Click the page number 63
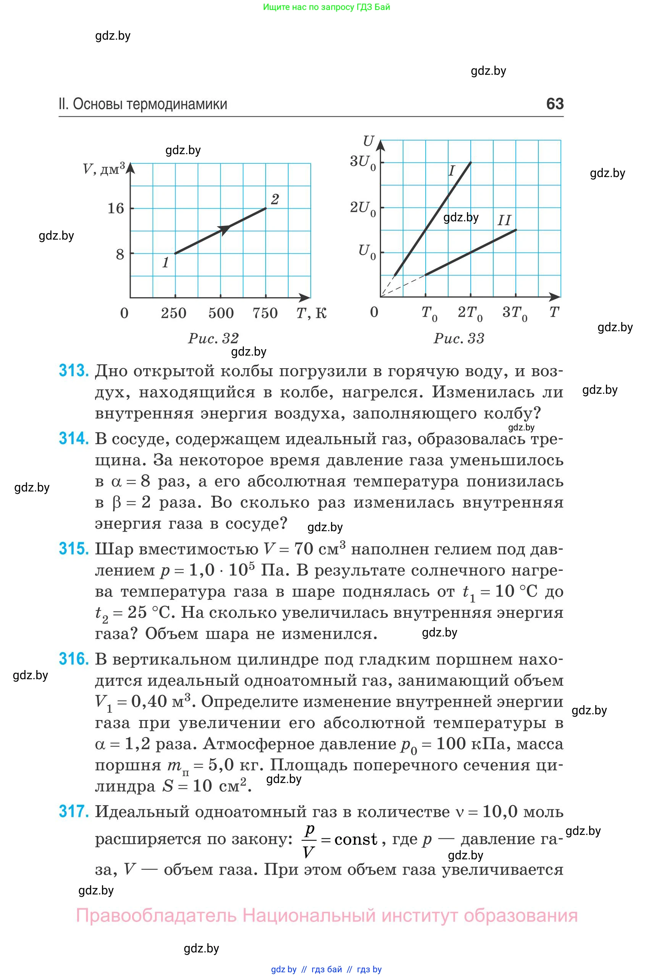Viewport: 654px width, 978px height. pyautogui.click(x=555, y=103)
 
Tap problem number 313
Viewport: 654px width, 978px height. pyautogui.click(x=74, y=371)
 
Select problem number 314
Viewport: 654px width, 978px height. pyautogui.click(x=74, y=438)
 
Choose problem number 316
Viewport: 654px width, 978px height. pyautogui.click(x=74, y=659)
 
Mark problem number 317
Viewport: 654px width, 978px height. pyautogui.click(x=74, y=811)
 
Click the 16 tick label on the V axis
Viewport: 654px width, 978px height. pyautogui.click(x=116, y=208)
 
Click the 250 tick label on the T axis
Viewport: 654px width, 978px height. pyautogui.click(x=173, y=313)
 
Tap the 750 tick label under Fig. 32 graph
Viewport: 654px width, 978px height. pyautogui.click(x=265, y=313)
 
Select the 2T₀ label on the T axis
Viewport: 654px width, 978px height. pyautogui.click(x=470, y=313)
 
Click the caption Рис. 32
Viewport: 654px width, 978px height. pyautogui.click(x=213, y=338)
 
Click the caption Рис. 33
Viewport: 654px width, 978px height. pyautogui.click(x=459, y=338)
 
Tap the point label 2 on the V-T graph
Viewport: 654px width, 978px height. pyautogui.click(x=275, y=199)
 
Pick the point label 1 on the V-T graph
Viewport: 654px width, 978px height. pyautogui.click(x=166, y=263)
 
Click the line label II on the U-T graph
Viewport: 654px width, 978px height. pyautogui.click(x=504, y=220)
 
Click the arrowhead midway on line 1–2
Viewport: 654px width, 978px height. pyautogui.click(x=224, y=229)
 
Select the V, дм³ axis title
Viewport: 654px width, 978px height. pyautogui.click(x=103, y=169)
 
